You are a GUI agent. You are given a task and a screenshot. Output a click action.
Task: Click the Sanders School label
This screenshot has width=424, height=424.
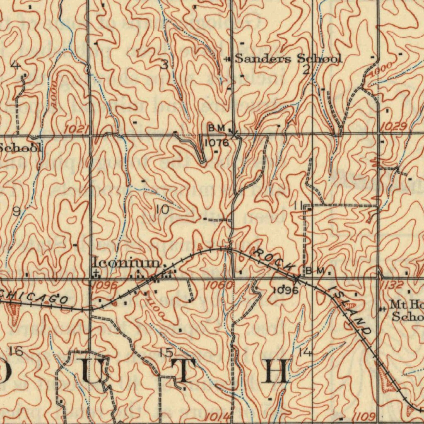click(x=288, y=58)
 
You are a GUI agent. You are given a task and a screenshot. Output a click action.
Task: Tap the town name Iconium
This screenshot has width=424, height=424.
click(x=126, y=263)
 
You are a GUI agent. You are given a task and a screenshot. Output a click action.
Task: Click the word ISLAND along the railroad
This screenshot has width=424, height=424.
click(x=349, y=311)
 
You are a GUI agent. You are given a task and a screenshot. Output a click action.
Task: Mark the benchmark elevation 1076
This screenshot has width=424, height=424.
click(x=217, y=143)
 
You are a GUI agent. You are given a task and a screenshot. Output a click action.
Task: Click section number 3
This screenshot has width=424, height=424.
click(x=165, y=65)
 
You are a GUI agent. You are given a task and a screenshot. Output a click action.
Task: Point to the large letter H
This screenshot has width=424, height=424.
click(x=277, y=371)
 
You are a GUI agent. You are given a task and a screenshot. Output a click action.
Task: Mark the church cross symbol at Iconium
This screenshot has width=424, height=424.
click(x=96, y=272)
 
